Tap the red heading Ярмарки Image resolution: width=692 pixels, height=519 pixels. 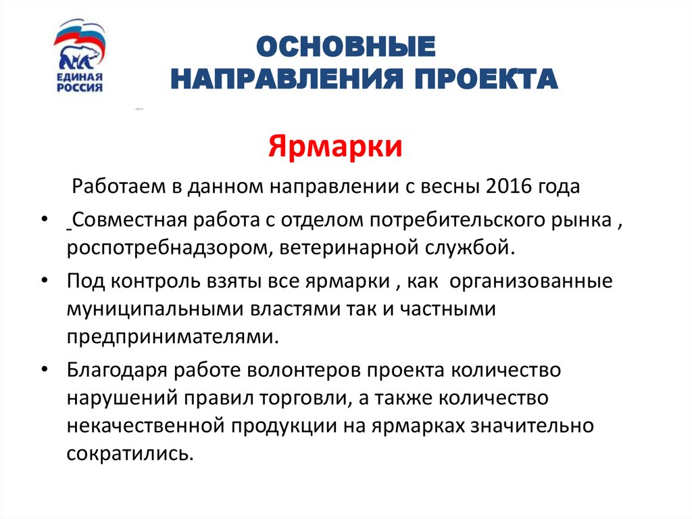click(x=336, y=146)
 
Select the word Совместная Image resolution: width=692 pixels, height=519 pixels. click(x=131, y=221)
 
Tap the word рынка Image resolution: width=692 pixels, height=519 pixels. click(x=585, y=221)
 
